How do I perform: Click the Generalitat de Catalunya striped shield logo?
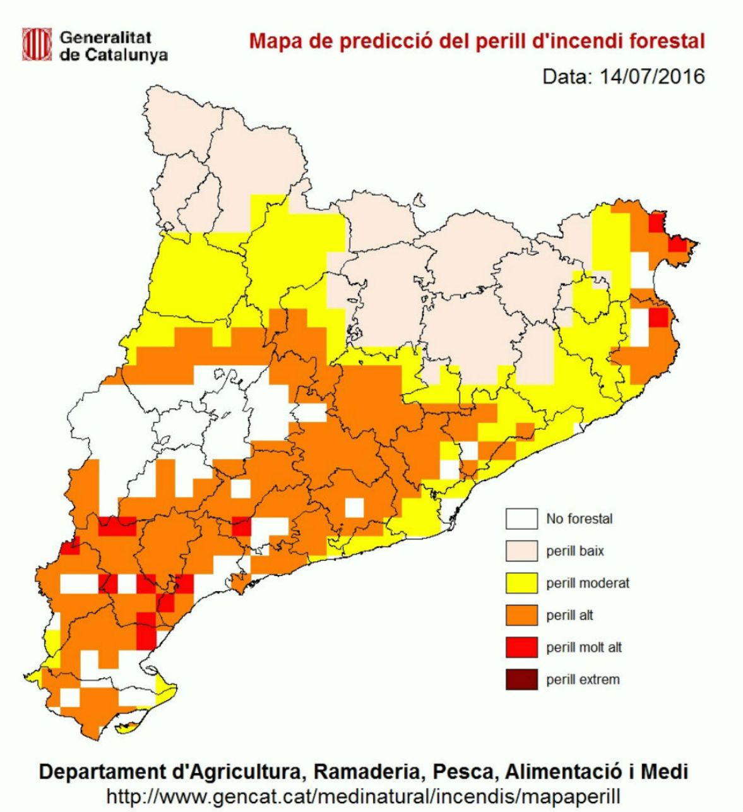point(36,45)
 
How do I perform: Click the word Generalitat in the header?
point(105,37)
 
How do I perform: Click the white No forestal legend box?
point(521,519)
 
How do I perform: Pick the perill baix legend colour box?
point(521,551)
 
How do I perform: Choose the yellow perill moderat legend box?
point(521,583)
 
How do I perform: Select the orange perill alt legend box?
point(521,615)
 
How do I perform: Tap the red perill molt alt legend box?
point(521,647)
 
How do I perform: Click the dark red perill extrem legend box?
point(521,679)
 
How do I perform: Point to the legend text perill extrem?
point(583,680)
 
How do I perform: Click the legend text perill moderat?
point(588,583)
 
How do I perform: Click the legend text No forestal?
point(580,519)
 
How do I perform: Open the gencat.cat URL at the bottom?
point(364,792)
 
